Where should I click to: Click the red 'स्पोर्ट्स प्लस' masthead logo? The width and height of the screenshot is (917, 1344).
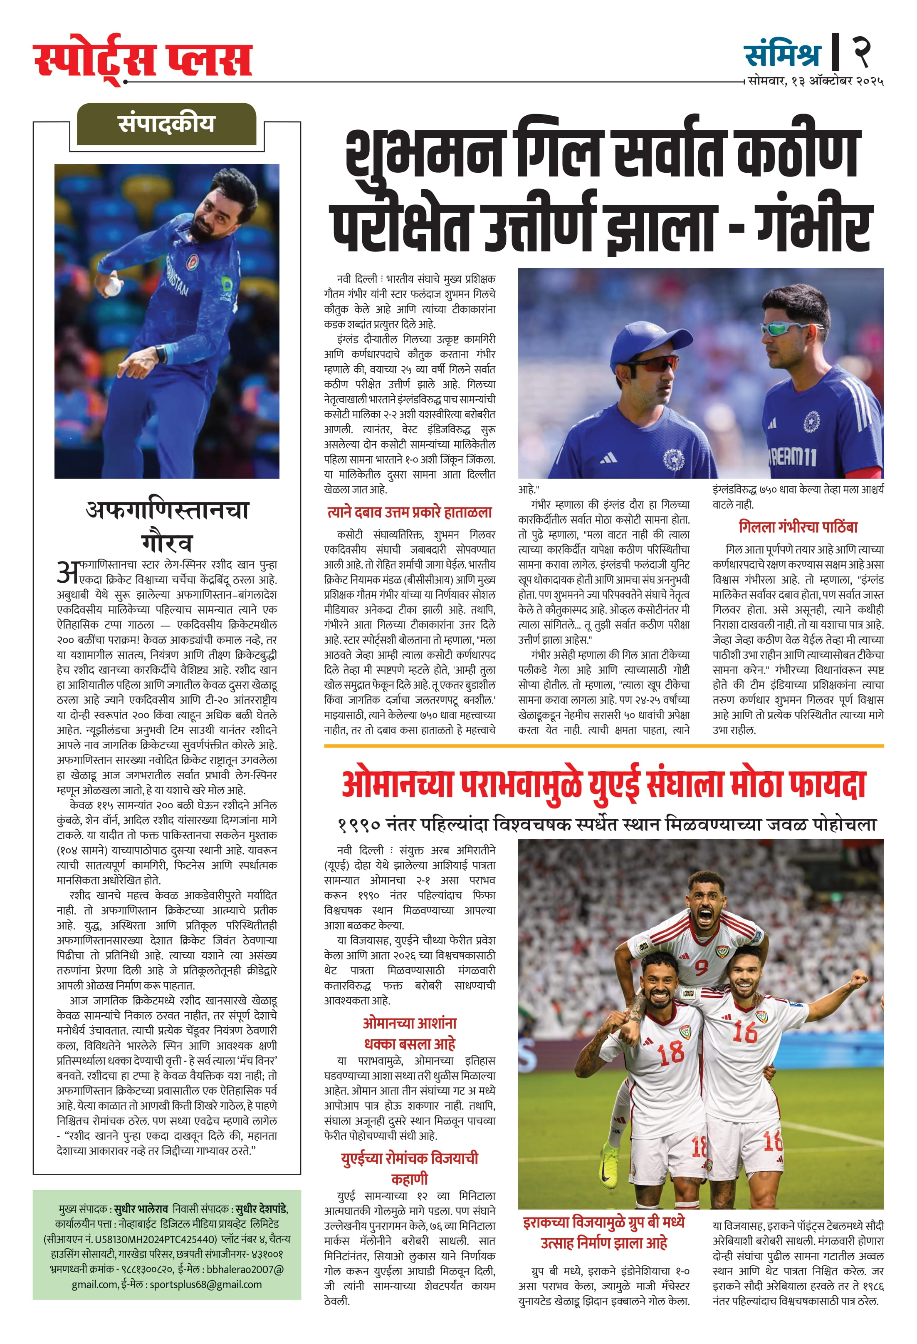click(x=143, y=60)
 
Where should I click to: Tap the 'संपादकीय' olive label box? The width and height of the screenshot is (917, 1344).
click(x=166, y=124)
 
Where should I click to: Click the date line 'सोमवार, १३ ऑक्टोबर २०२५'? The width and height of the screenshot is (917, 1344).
click(x=815, y=82)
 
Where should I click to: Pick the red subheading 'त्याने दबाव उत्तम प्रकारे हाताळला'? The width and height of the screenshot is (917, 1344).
click(x=410, y=512)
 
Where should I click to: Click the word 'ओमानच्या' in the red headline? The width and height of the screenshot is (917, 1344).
click(x=398, y=785)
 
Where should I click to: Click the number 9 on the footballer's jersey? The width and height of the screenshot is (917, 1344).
click(x=701, y=966)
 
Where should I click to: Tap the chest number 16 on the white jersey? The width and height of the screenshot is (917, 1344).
click(x=745, y=1031)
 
